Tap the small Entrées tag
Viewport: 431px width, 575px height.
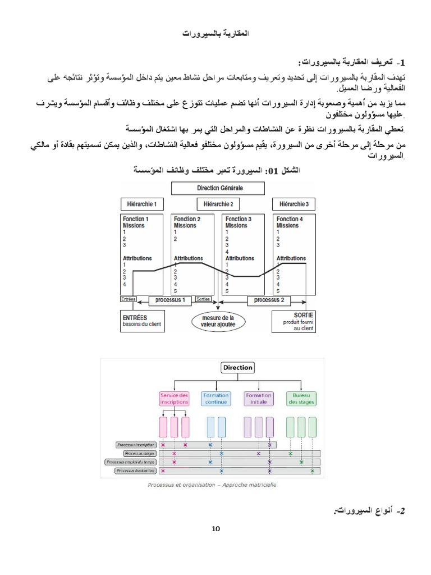pos(129,300)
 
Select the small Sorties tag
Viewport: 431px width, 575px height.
pos(203,300)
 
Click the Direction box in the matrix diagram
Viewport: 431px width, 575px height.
pos(237,368)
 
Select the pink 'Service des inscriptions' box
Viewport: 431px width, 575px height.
pos(175,398)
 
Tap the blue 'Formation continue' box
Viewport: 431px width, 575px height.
pos(215,398)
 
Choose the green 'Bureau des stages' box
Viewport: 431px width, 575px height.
pos(301,398)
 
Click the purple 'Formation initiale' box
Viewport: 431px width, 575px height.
pos(259,398)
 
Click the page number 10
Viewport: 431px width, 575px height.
pos(216,529)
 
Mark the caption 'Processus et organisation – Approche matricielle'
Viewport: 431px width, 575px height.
pos(212,485)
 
